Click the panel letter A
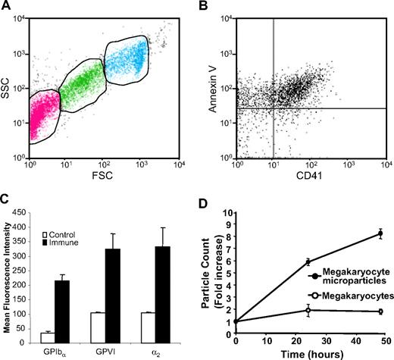6,7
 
